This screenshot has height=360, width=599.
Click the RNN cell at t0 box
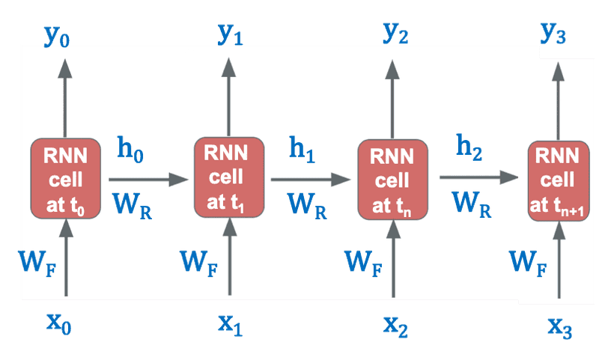[x=66, y=178]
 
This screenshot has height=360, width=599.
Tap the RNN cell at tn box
[x=392, y=180]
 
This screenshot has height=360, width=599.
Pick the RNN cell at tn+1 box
[x=558, y=180]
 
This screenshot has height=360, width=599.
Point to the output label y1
[x=229, y=34]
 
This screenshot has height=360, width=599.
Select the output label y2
[x=395, y=34]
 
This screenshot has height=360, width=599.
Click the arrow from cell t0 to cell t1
[x=148, y=180]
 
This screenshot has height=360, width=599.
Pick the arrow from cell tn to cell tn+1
[x=479, y=177]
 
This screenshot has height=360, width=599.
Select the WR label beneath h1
[x=306, y=204]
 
